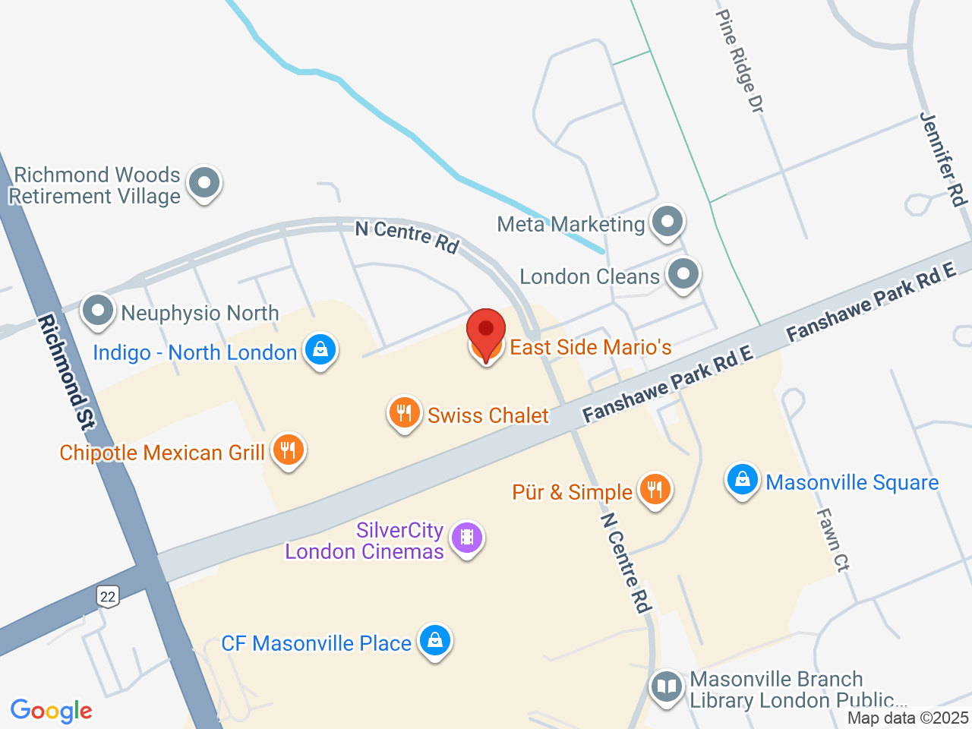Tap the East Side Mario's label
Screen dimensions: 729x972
[x=590, y=348]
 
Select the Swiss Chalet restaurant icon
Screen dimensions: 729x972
[x=404, y=413]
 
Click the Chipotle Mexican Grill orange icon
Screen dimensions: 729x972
[x=288, y=450]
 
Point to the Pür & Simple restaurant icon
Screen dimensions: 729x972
[x=655, y=490]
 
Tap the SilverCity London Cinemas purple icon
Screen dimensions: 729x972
[x=467, y=538]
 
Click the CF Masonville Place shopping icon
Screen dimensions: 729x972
[x=435, y=641]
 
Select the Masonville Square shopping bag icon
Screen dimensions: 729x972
[x=743, y=480]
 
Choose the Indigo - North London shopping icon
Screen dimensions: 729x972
[x=320, y=350]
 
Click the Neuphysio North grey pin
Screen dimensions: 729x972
[x=98, y=311]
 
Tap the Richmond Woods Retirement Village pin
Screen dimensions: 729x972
[x=204, y=183]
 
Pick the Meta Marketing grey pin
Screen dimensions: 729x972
[x=668, y=222]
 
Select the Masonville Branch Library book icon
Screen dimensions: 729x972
[x=667, y=687]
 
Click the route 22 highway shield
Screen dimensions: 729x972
[x=108, y=596]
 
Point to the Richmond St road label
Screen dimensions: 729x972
[x=66, y=372]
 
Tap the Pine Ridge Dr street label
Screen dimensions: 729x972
[x=740, y=61]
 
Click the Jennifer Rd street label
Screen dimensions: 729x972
[x=944, y=159]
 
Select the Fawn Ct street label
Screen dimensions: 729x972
[x=832, y=539]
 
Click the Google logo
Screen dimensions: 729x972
[x=52, y=712]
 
